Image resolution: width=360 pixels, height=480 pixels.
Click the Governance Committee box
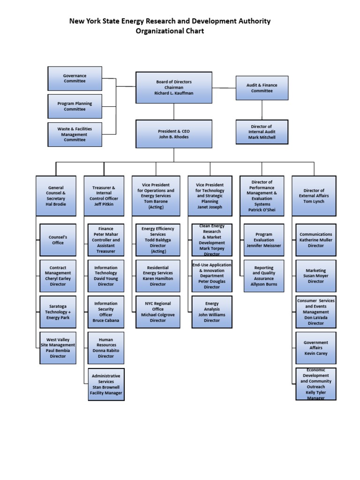[x=75, y=78]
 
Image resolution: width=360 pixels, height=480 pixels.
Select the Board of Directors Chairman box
[x=173, y=88]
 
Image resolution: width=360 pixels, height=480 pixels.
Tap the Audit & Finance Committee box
[x=262, y=88]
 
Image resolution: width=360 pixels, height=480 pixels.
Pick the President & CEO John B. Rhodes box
[x=173, y=134]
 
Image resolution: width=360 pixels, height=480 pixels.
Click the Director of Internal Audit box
[x=262, y=132]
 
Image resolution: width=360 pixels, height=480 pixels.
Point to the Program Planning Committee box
[x=75, y=106]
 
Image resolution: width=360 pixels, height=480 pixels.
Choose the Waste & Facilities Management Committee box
[x=75, y=134]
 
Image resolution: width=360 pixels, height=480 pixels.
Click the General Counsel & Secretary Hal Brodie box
[x=56, y=195]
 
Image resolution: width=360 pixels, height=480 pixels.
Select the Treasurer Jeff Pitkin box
[x=104, y=195]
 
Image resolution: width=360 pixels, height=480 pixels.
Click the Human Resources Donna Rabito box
[x=106, y=348]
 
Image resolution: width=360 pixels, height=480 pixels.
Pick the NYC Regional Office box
[x=158, y=312]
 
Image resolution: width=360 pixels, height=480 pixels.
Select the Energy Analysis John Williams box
[x=212, y=312]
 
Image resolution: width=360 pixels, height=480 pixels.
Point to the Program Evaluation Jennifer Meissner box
[x=264, y=240]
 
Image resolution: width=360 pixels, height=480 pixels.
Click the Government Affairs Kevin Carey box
[x=315, y=348]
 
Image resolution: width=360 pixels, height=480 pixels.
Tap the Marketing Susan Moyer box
[x=315, y=276]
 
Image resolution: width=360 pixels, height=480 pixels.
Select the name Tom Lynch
[x=314, y=202]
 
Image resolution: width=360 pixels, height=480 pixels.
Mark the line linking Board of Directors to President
[x=174, y=112]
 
